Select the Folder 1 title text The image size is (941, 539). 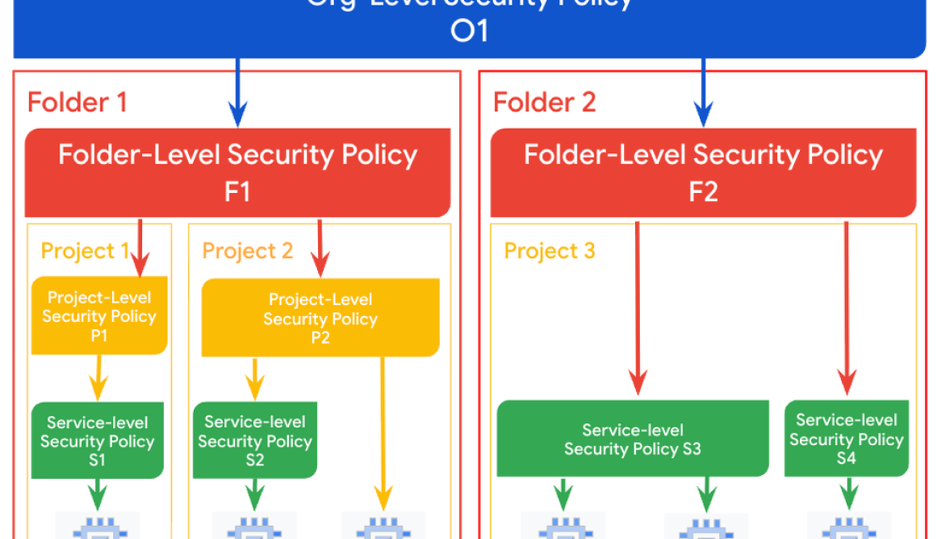click(77, 103)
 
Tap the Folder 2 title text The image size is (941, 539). click(544, 103)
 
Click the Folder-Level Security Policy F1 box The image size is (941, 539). click(238, 172)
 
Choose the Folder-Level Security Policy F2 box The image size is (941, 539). click(703, 172)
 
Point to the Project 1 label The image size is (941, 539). click(84, 251)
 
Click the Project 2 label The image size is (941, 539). click(247, 251)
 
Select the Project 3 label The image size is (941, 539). click(549, 251)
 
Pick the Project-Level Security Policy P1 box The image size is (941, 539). click(99, 316)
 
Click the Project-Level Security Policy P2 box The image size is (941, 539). click(320, 318)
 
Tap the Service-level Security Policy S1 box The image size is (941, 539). click(97, 441)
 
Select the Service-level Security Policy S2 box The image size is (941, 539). click(255, 441)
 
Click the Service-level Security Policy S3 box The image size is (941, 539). click(633, 439)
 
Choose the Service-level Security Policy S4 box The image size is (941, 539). click(846, 438)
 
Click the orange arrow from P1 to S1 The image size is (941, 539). click(99, 377)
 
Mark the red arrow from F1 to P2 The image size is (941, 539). click(320, 247)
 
